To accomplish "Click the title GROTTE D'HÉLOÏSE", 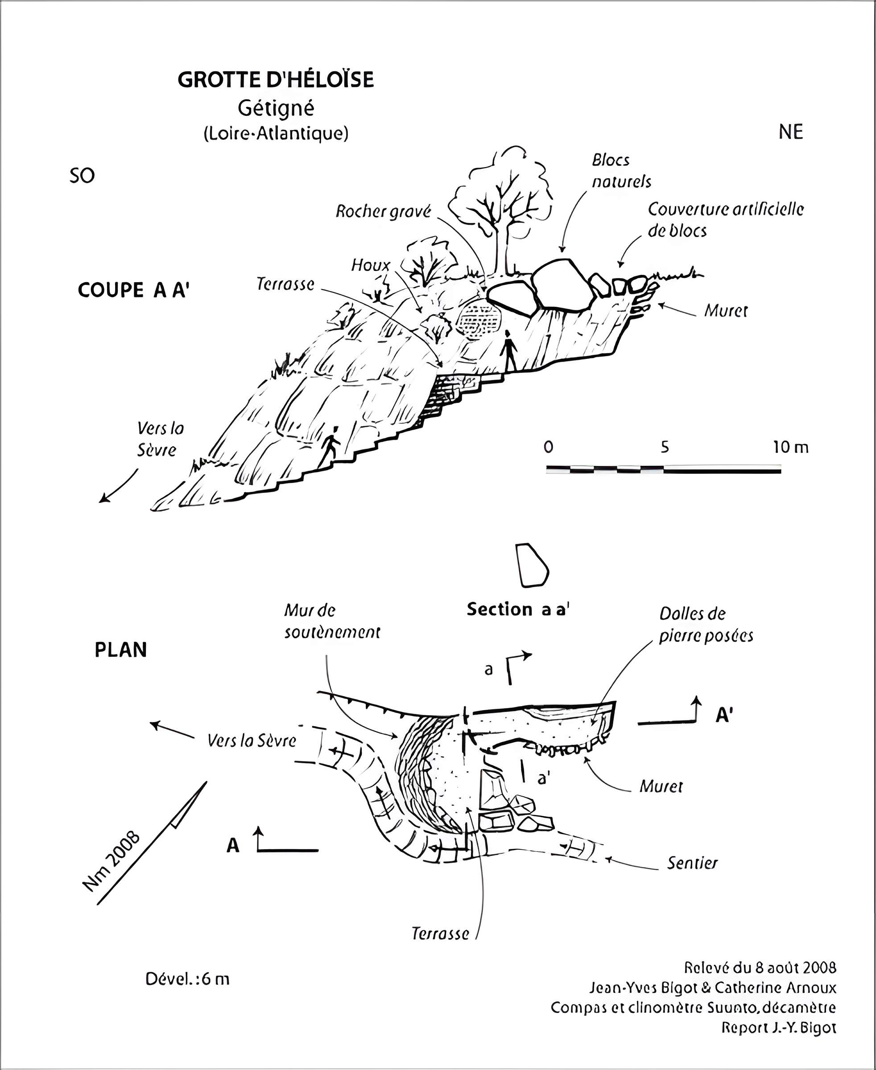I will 276,80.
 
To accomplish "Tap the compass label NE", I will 790,132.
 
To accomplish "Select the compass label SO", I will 82,176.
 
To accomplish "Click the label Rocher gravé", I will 384,211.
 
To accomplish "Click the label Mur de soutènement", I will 331,621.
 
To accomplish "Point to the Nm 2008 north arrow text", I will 111,862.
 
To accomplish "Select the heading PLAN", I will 120,650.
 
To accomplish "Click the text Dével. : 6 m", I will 187,979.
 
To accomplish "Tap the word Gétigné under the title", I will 276,108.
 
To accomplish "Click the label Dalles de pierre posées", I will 706,625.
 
